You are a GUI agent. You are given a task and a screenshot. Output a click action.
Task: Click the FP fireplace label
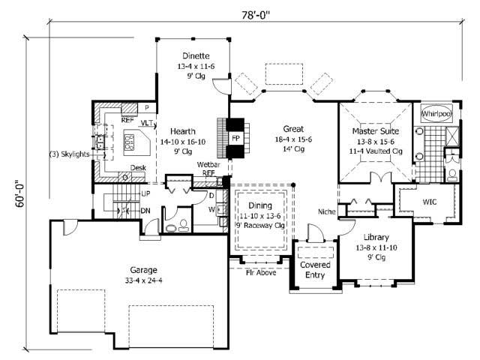point(235,139)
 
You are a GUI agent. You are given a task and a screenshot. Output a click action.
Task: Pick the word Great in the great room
point(294,128)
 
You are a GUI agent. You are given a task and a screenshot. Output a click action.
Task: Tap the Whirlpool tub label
point(436,113)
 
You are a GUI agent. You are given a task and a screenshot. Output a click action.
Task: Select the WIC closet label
point(429,202)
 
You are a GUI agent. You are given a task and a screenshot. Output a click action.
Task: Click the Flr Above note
point(261,272)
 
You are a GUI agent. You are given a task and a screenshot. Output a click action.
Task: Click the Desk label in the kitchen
point(138,168)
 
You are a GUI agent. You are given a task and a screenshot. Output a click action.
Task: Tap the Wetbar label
point(208,163)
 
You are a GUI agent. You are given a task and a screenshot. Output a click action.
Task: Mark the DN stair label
point(146,210)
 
